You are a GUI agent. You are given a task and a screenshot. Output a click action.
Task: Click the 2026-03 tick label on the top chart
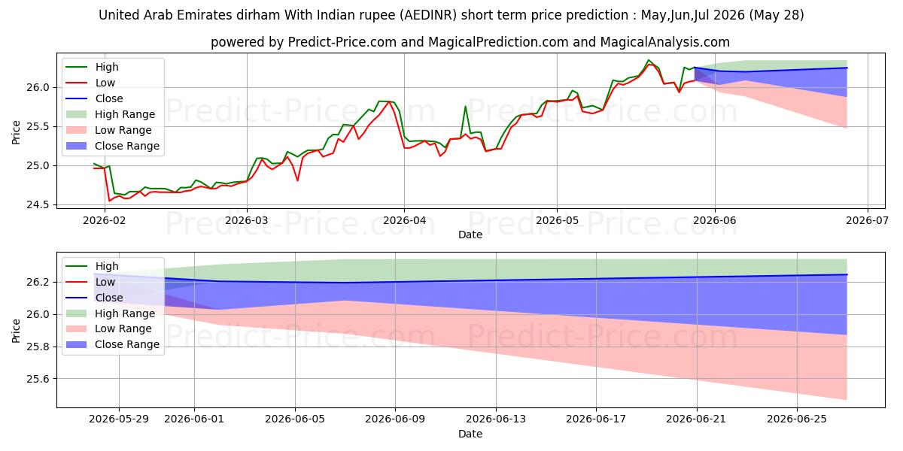pos(246,221)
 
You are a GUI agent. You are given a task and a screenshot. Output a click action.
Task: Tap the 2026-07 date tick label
pos(867,221)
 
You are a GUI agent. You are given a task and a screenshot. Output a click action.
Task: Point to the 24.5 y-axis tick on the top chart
pos(38,205)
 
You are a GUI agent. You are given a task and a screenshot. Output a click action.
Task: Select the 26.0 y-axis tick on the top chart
pos(38,87)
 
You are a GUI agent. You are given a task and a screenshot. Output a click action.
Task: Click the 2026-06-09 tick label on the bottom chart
pos(395,419)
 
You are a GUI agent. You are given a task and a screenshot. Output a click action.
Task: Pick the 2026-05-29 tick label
pos(119,419)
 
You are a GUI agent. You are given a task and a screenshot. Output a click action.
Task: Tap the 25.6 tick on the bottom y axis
pos(38,379)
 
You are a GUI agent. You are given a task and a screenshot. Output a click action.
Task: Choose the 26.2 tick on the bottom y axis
pos(38,282)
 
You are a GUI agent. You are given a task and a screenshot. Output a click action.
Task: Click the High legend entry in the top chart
pos(107,67)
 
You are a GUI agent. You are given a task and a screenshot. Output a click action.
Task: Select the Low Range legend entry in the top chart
pos(123,130)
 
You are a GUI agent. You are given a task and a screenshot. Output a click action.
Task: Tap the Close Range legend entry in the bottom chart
pos(127,344)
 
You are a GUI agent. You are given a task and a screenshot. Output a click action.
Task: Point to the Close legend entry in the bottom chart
pos(109,298)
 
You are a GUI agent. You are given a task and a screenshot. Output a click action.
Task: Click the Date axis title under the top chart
pos(470,235)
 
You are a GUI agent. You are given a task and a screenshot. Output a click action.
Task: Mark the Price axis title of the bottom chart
pos(16,331)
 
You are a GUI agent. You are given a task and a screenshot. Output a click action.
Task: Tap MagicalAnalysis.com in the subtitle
pos(664,42)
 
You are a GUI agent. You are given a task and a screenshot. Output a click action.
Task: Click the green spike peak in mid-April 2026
pos(465,106)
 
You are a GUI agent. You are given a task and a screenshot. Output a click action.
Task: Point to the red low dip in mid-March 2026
pos(297,180)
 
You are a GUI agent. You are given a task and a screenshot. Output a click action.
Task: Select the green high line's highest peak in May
pos(648,60)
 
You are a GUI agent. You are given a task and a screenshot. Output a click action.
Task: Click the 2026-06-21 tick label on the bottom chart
pos(697,419)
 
